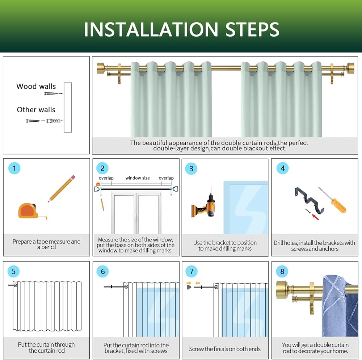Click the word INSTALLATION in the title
coord(151,29)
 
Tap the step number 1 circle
coord(14,168)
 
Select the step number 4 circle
coord(283,168)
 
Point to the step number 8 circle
coord(282,271)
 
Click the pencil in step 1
coord(62,189)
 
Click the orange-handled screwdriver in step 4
coord(332,200)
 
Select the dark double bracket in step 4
coord(310,200)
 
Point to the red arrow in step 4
coord(315,217)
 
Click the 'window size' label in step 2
coord(138,178)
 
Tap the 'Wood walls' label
coord(36,86)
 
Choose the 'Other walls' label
coord(36,109)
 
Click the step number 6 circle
coord(103,271)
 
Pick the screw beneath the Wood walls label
coord(51,93)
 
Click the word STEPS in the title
coord(252,29)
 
